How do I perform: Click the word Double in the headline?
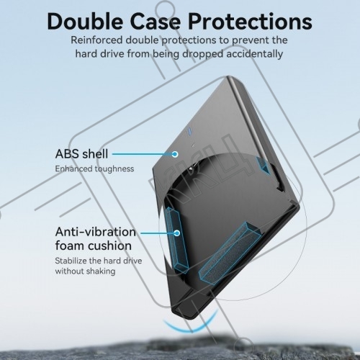coord(85,22)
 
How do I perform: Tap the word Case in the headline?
coord(156,22)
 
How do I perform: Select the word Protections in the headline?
coord(250,22)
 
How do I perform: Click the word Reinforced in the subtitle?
coord(96,40)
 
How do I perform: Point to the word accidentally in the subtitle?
coord(255,54)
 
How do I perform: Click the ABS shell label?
coord(81,154)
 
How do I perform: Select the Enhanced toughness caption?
coord(94,168)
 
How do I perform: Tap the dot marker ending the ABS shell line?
coord(176,154)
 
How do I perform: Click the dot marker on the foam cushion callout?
coord(177,233)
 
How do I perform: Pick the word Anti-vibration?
coord(96,232)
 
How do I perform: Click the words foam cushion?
coord(94,246)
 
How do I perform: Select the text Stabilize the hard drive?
coord(99,261)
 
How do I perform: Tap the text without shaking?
coord(85,271)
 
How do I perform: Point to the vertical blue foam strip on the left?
coord(176,240)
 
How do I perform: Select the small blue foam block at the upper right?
coord(264,166)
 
